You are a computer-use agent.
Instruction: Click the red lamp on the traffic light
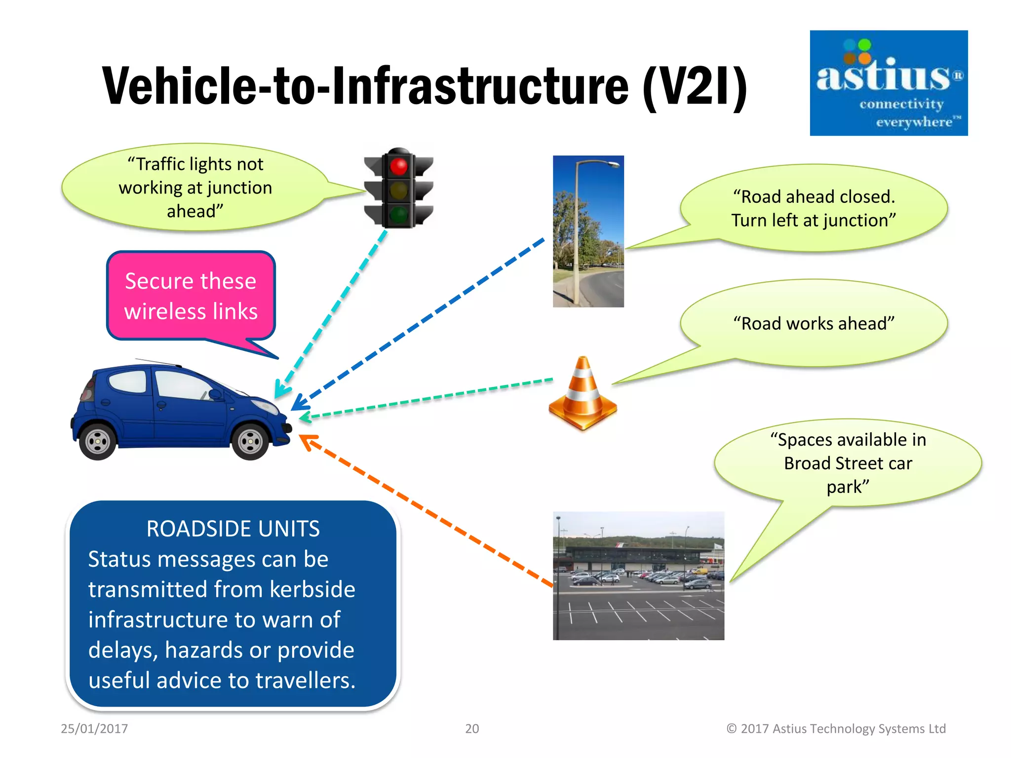click(x=399, y=166)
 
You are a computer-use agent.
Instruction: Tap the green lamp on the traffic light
click(x=399, y=215)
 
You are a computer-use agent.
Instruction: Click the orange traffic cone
click(x=583, y=395)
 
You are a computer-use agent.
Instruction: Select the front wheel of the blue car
click(x=250, y=441)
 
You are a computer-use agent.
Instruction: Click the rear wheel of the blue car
click(x=98, y=441)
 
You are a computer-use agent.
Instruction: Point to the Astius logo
click(x=888, y=83)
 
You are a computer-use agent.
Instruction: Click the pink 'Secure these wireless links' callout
click(x=191, y=296)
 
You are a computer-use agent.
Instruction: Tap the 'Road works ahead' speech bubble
click(x=814, y=323)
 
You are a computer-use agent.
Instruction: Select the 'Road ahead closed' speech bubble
click(x=814, y=208)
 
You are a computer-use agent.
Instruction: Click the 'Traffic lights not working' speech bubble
click(x=195, y=188)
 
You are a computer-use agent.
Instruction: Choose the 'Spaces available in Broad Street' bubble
click(x=848, y=463)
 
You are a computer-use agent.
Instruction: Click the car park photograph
click(x=638, y=576)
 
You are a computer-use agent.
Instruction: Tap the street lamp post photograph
click(x=588, y=231)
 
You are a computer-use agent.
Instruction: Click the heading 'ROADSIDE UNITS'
click(x=233, y=529)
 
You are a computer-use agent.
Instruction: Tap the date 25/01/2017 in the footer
click(x=94, y=728)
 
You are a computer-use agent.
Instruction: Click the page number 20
click(x=472, y=728)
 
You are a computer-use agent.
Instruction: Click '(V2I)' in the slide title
click(x=695, y=86)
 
